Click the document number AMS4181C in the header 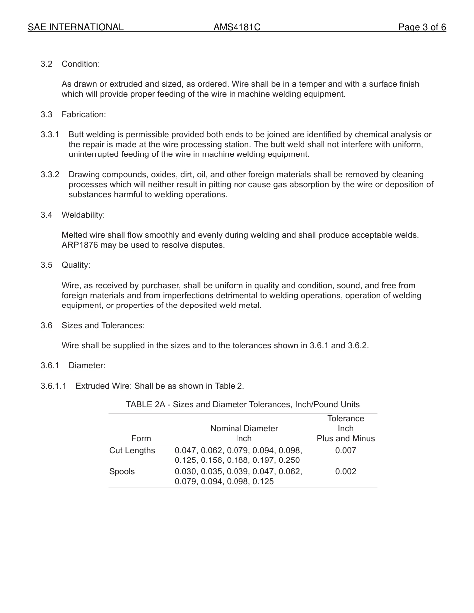(x=237, y=27)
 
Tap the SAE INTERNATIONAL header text (x=76, y=27)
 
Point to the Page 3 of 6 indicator (x=422, y=27)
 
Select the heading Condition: (x=81, y=64)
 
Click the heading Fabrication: (x=84, y=114)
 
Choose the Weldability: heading (x=83, y=215)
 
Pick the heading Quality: (x=76, y=265)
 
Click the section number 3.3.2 (x=50, y=174)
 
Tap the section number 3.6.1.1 (x=53, y=386)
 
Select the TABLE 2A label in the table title (x=145, y=404)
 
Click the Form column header (x=141, y=438)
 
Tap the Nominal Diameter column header (x=244, y=428)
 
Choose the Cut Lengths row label (x=132, y=450)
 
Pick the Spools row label (x=122, y=471)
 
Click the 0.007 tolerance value (x=346, y=450)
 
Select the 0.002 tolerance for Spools (x=346, y=471)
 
